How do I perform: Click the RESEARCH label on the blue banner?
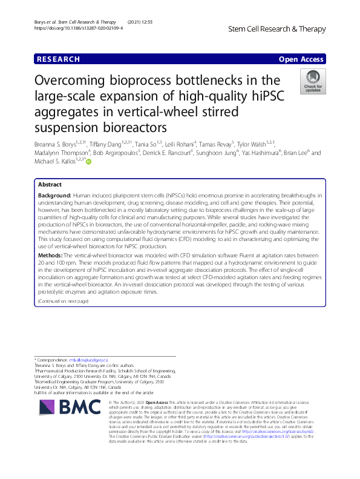coord(58,59)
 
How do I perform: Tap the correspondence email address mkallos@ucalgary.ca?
coord(87,360)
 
